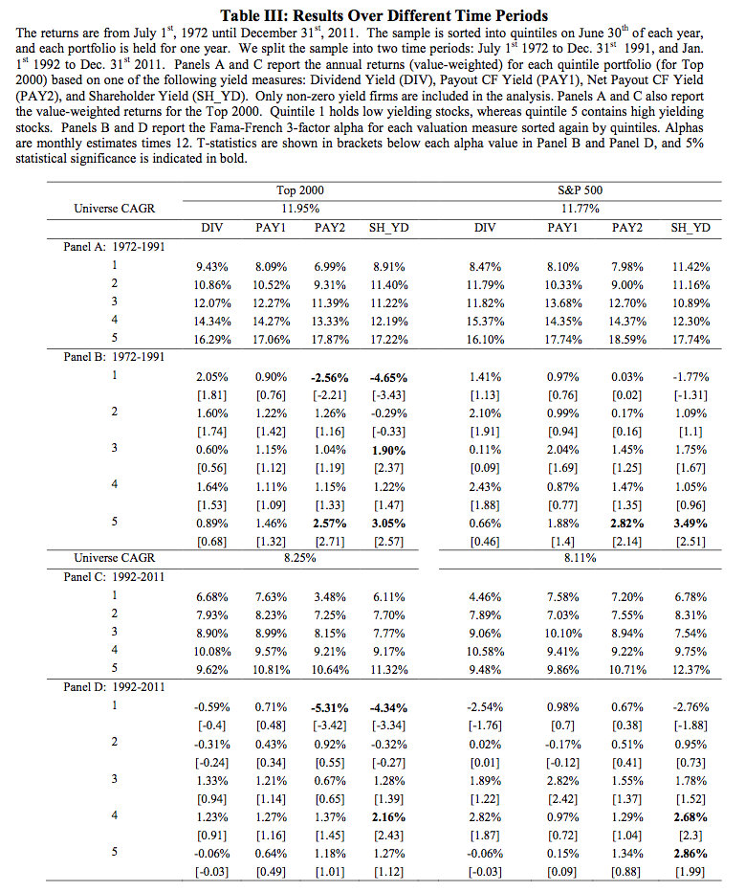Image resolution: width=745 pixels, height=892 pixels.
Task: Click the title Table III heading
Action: coord(383,14)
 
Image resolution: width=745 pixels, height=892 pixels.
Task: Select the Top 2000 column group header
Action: coord(298,191)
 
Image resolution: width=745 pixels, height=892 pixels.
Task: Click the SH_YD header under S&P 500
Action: coord(690,227)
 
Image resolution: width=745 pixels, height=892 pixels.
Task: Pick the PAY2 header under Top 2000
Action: coord(330,227)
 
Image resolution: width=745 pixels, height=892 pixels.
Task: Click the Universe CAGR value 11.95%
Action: coord(298,208)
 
